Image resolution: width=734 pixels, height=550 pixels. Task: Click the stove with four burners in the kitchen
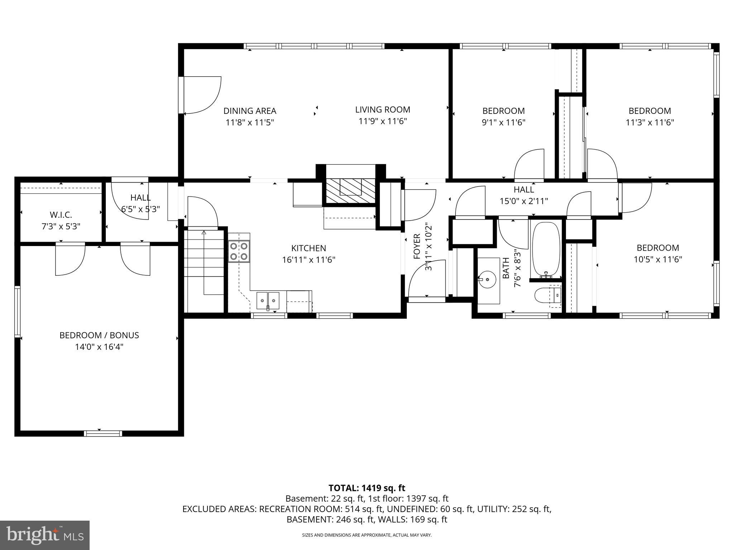click(239, 251)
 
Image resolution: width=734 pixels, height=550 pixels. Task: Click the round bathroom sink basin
click(487, 279)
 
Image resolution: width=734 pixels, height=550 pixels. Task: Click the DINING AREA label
click(250, 111)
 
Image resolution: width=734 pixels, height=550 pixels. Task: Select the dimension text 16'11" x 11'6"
click(309, 260)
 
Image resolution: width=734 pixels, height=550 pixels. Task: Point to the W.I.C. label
click(61, 215)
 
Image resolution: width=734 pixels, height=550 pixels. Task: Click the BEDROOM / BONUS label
click(99, 335)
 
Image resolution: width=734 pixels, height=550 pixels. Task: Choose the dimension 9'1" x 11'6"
click(503, 122)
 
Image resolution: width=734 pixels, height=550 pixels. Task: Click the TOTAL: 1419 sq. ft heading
click(367, 488)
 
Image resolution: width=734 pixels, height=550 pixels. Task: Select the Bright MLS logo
click(45, 535)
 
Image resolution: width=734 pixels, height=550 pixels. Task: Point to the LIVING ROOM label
click(382, 110)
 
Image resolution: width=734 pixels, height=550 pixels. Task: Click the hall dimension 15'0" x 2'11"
click(524, 201)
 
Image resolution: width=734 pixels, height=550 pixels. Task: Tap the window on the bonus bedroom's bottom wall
click(103, 433)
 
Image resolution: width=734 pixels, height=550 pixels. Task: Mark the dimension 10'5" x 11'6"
click(658, 259)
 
